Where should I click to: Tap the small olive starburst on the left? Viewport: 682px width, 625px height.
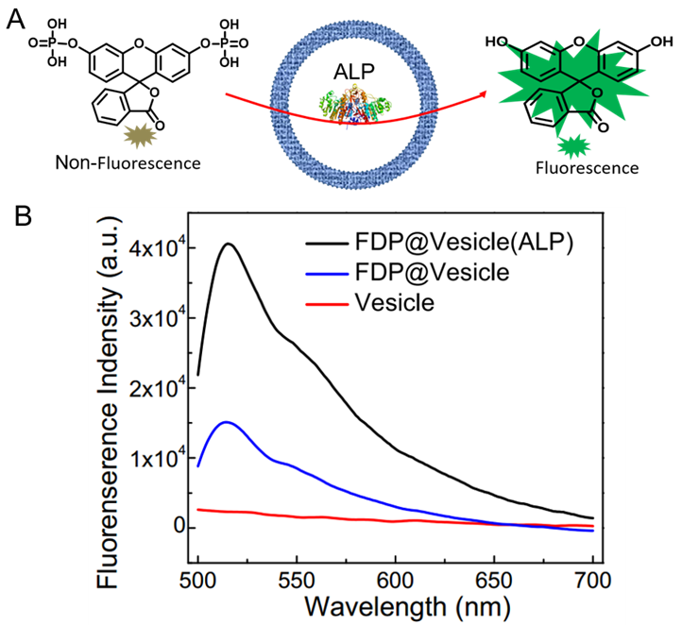point(140,136)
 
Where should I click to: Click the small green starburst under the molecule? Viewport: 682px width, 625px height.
point(573,146)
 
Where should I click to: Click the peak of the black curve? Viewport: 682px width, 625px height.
point(228,244)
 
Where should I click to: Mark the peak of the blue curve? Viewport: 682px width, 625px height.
point(226,422)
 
